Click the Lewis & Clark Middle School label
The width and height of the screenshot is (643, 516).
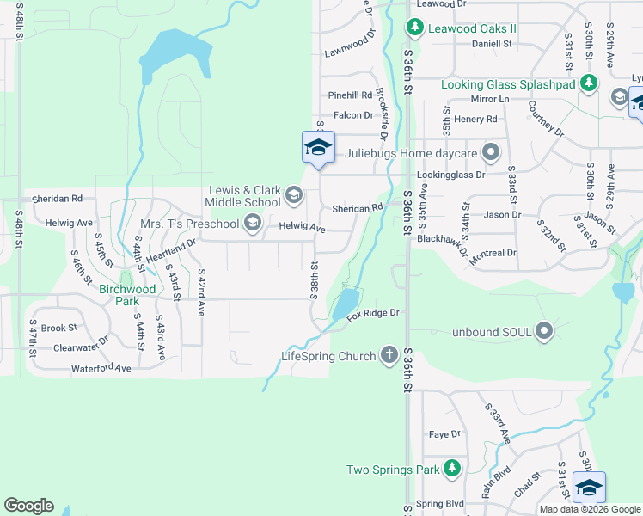242,196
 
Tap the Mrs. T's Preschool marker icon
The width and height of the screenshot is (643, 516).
252,224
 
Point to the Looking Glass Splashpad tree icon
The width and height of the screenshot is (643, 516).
589,83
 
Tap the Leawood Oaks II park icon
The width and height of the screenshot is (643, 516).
415,28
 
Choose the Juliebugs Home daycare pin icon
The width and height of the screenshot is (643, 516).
491,153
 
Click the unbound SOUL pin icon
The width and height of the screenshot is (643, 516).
543,331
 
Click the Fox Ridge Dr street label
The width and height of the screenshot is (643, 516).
374,315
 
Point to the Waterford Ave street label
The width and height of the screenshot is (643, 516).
101,368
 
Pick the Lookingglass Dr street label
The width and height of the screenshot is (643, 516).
450,174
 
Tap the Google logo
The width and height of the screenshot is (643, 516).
28,505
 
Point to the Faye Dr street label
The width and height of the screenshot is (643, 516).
444,434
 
